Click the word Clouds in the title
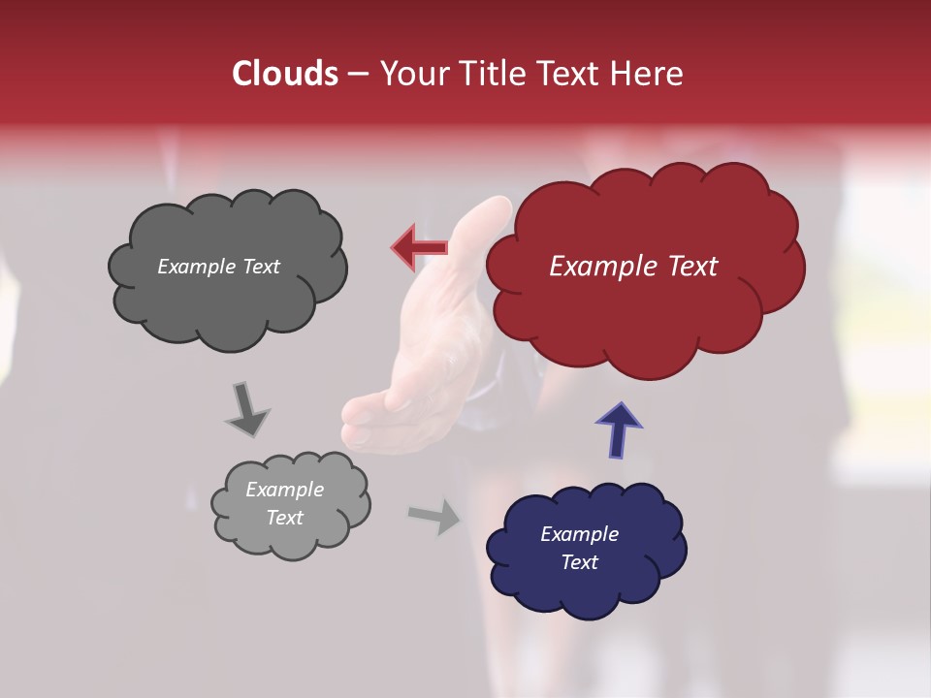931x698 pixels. pos(285,74)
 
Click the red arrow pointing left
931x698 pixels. pos(419,247)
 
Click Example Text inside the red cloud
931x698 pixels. pos(633,267)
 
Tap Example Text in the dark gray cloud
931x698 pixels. pos(218,267)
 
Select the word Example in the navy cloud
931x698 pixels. pos(579,534)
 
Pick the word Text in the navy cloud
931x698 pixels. pos(579,562)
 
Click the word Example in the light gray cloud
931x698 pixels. pos(284,490)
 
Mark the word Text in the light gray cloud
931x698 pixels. pos(284,518)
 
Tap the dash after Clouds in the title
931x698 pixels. pos(357,75)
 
